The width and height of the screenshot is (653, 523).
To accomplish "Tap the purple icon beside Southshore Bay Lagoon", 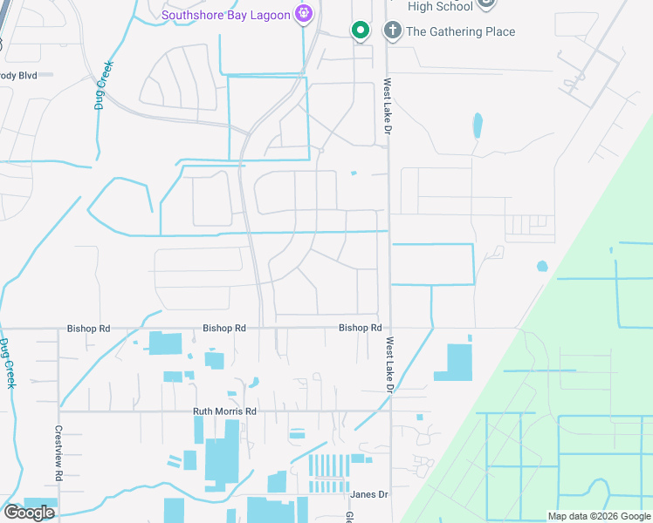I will click(303, 13).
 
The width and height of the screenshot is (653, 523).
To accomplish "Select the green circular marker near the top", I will click(360, 31).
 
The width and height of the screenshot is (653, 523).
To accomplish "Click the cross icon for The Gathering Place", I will click(393, 31).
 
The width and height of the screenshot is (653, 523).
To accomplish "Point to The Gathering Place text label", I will click(461, 32).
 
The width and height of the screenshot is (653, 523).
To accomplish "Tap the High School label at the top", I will click(440, 6).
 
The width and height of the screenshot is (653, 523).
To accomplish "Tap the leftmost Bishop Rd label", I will click(88, 329).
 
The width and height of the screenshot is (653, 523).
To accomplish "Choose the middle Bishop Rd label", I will click(224, 329).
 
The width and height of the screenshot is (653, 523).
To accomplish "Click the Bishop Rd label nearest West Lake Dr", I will click(361, 328).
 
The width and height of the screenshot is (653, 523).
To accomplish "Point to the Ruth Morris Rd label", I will click(225, 411).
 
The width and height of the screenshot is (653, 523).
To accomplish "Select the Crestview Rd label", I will click(59, 452).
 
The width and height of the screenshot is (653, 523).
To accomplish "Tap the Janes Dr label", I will click(368, 494).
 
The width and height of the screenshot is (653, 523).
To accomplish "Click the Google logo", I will click(29, 513).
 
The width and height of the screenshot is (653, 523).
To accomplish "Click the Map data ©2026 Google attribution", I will click(600, 516).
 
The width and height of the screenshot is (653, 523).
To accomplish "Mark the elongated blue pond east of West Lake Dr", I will click(477, 126).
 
